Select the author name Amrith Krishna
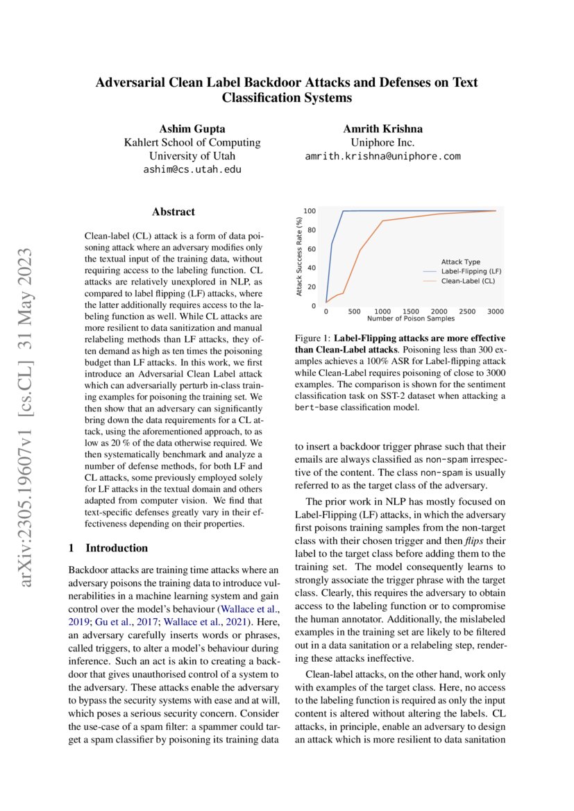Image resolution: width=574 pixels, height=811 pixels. tap(382, 129)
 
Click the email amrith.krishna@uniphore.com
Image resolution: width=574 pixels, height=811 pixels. tap(382, 156)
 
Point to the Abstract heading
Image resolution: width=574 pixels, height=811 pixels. tap(174, 212)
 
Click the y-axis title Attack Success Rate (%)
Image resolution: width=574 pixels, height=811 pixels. tap(299, 257)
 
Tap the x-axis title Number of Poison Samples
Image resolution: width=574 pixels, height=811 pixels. tap(410, 318)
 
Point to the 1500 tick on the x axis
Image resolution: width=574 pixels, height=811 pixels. tap(410, 311)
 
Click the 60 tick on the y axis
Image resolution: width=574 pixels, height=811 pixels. tap(311, 249)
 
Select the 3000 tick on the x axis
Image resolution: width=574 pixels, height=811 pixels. tap(496, 311)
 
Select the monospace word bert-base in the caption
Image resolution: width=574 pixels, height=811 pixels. tap(318, 407)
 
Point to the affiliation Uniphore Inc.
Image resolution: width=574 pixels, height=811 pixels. tap(382, 142)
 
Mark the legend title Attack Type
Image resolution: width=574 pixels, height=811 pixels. tap(460, 262)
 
